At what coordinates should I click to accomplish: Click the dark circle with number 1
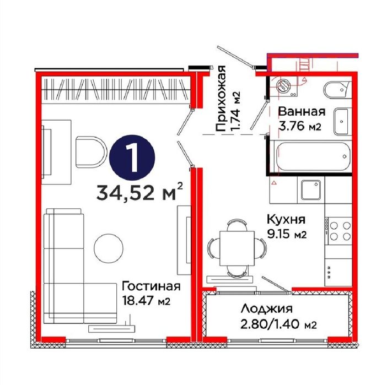click(132, 158)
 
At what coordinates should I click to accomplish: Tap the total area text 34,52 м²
click(139, 192)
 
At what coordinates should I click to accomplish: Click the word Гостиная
click(151, 286)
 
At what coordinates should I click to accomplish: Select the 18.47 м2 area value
click(146, 301)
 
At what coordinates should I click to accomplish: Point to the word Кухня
click(286, 219)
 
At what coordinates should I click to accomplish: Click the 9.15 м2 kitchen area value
click(287, 234)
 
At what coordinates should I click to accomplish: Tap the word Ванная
click(302, 112)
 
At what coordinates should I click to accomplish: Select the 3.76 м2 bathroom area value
click(300, 126)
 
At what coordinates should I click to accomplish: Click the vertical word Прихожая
click(220, 99)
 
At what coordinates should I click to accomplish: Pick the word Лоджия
click(267, 310)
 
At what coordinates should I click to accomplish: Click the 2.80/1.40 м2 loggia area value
click(278, 324)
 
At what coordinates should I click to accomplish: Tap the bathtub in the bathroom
click(313, 156)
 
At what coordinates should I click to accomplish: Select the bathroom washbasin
click(342, 121)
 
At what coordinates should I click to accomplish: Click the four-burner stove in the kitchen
click(338, 231)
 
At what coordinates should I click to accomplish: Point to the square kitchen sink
click(311, 189)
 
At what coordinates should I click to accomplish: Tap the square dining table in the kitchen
click(237, 248)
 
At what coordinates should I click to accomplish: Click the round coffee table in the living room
click(109, 248)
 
